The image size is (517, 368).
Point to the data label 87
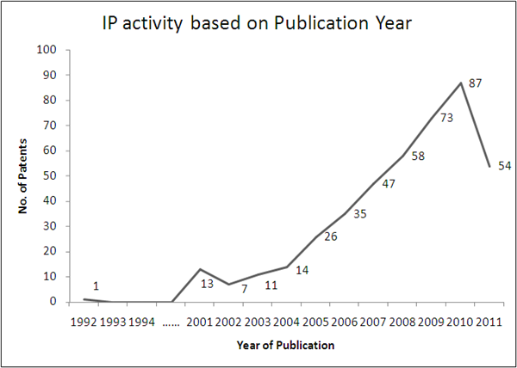point(475,83)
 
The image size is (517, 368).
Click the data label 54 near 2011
point(504,166)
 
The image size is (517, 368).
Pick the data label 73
point(446,118)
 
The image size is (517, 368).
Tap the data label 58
point(418,156)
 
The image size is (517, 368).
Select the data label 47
point(389,183)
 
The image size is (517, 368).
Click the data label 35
point(360,213)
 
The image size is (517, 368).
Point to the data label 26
point(331,236)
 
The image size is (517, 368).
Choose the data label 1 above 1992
point(96,286)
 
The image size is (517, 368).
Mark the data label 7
point(245,289)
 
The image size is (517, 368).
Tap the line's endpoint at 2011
point(490,166)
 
